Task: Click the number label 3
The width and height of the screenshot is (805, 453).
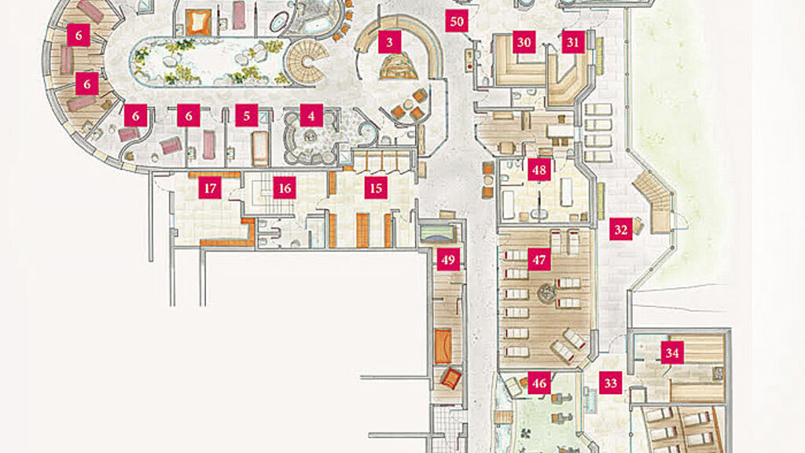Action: click(388, 42)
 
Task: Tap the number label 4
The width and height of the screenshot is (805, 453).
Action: click(311, 116)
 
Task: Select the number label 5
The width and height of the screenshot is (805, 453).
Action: click(247, 116)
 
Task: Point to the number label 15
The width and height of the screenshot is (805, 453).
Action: click(377, 187)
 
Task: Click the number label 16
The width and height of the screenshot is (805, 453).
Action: click(285, 187)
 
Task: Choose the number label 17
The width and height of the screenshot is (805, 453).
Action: click(209, 187)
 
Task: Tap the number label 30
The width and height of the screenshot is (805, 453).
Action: click(524, 42)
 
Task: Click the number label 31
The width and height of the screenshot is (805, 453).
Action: click(574, 42)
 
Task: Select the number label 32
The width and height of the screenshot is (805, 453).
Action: click(621, 230)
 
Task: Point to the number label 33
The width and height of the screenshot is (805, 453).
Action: click(610, 383)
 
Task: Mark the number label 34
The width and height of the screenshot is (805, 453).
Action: click(671, 352)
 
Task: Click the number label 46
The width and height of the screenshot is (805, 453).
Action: click(539, 383)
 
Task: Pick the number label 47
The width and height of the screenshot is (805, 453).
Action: click(539, 260)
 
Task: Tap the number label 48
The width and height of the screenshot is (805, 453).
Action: click(539, 170)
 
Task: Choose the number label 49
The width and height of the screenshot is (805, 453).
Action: click(448, 260)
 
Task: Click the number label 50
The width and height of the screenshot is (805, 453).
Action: click(458, 21)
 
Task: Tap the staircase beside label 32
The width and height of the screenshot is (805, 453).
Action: click(652, 201)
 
